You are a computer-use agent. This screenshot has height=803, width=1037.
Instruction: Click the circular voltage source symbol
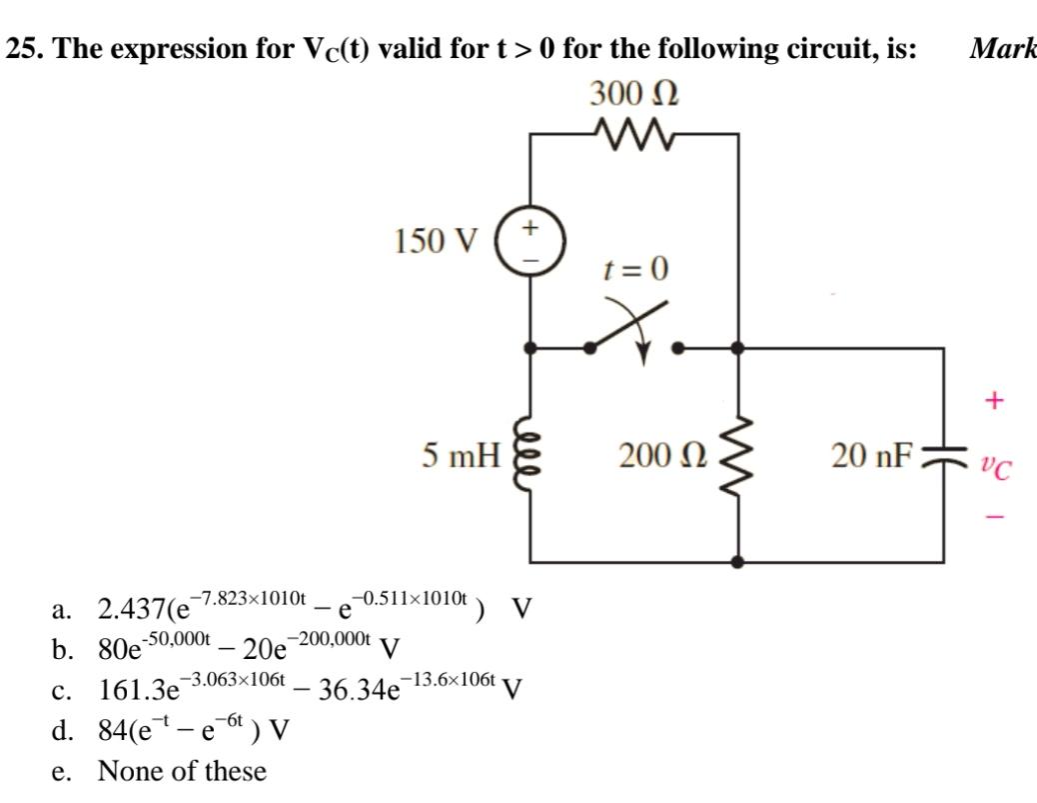pyautogui.click(x=531, y=241)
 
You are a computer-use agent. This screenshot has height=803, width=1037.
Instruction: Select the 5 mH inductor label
pyautogui.click(x=461, y=457)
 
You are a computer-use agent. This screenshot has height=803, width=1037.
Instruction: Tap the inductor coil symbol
pyautogui.click(x=530, y=457)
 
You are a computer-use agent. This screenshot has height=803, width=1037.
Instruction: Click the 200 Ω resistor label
pyautogui.click(x=660, y=457)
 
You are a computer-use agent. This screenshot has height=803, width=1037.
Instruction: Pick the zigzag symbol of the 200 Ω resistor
pyautogui.click(x=738, y=457)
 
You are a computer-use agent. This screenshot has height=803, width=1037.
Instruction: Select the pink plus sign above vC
pyautogui.click(x=993, y=401)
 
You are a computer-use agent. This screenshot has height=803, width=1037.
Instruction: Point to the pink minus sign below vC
pyautogui.click(x=994, y=517)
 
